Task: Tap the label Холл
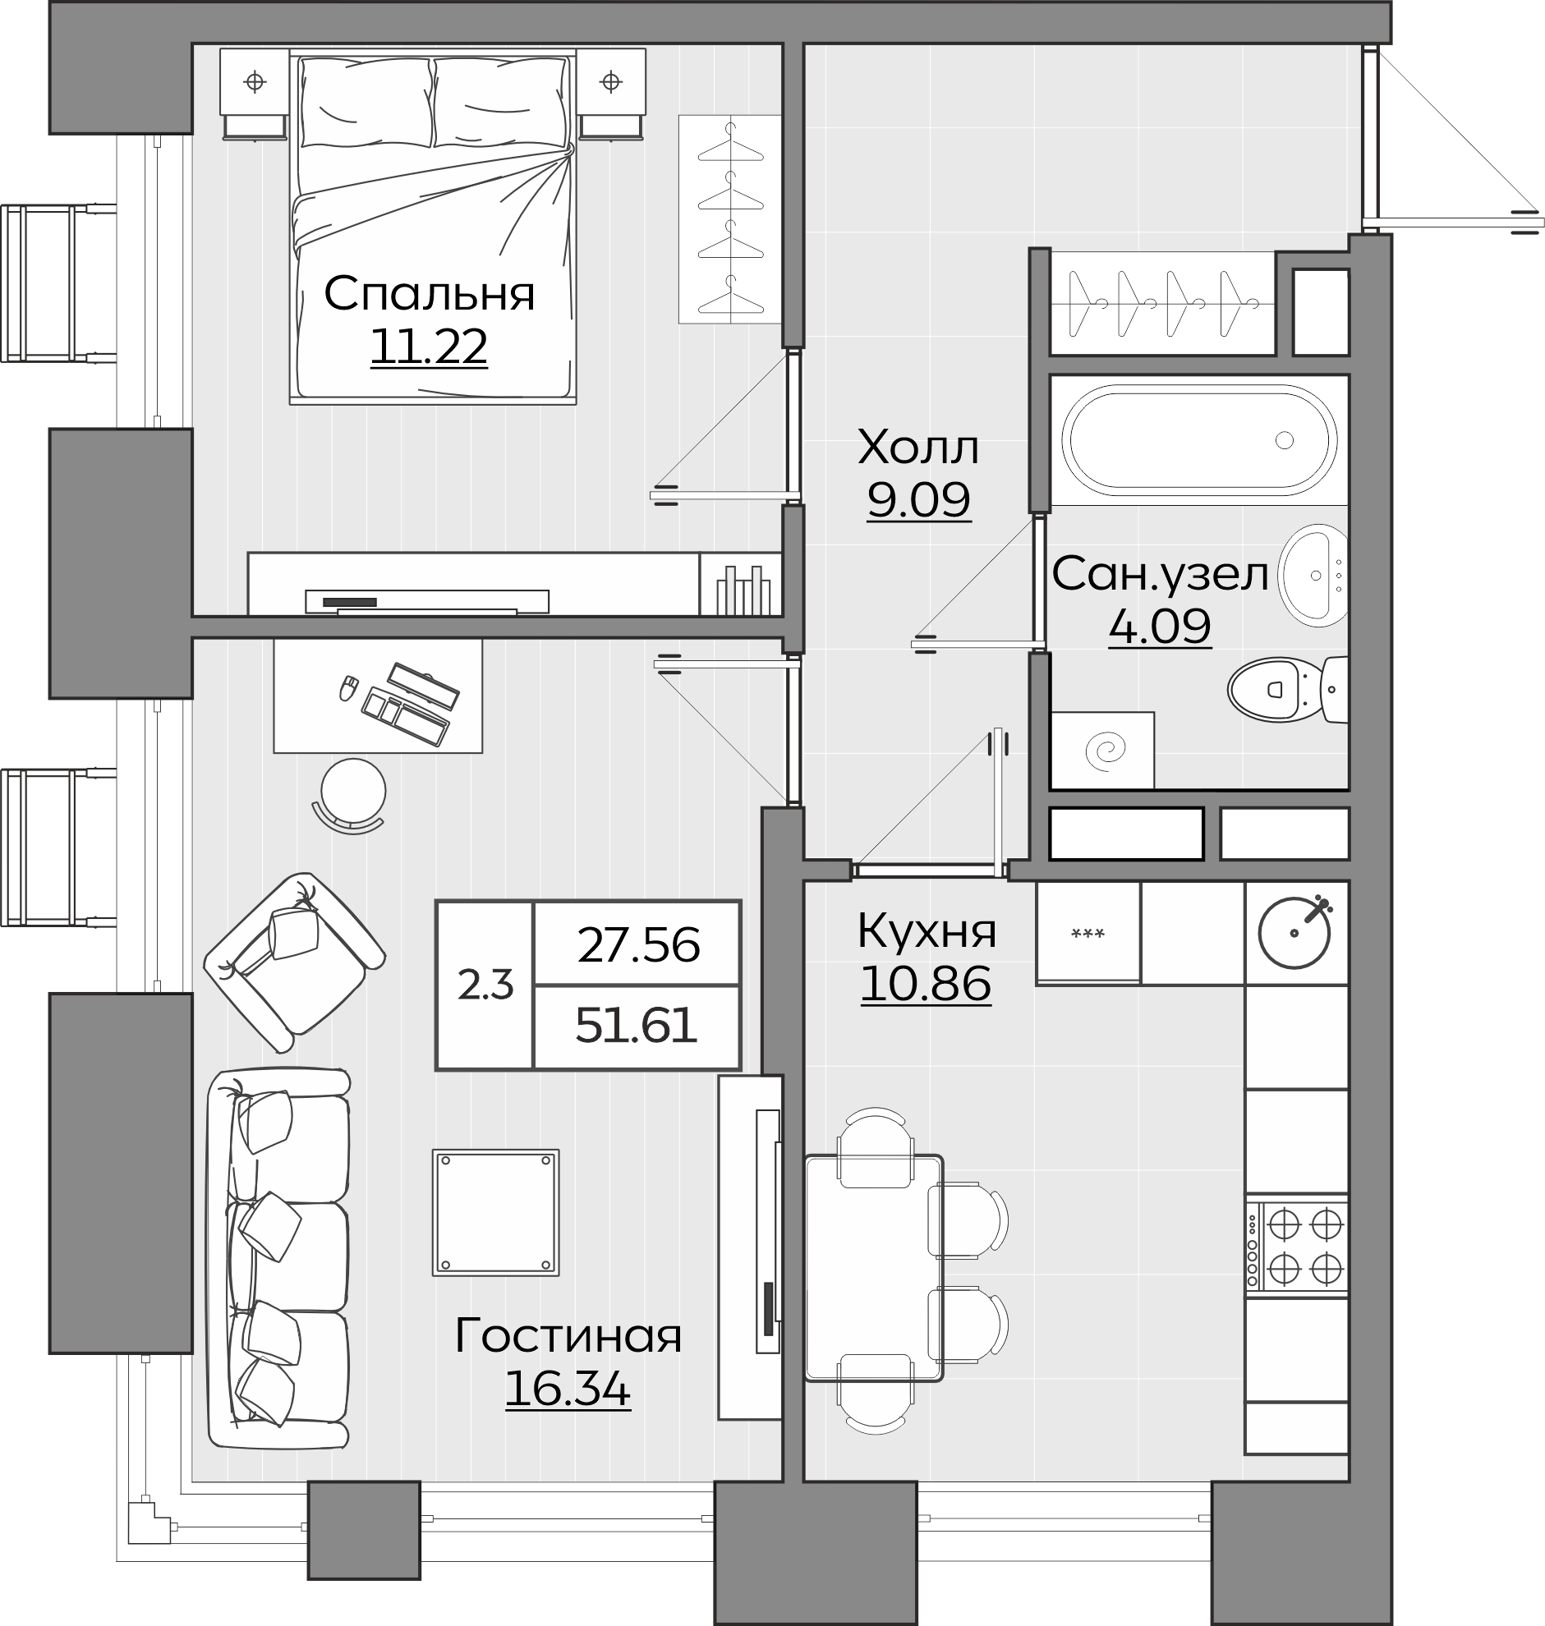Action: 918,448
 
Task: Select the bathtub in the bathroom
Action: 1199,440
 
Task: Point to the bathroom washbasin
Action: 1313,575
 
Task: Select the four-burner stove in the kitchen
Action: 1297,1247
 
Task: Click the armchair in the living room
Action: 294,962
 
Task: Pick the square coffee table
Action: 496,1213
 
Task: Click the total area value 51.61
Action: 637,1027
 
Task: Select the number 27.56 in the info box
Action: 638,945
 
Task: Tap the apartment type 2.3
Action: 485,985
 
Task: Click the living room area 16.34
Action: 568,1389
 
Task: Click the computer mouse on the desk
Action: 348,687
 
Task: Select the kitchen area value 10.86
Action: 926,984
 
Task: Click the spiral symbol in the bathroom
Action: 1104,751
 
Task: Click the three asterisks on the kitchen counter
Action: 1087,934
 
